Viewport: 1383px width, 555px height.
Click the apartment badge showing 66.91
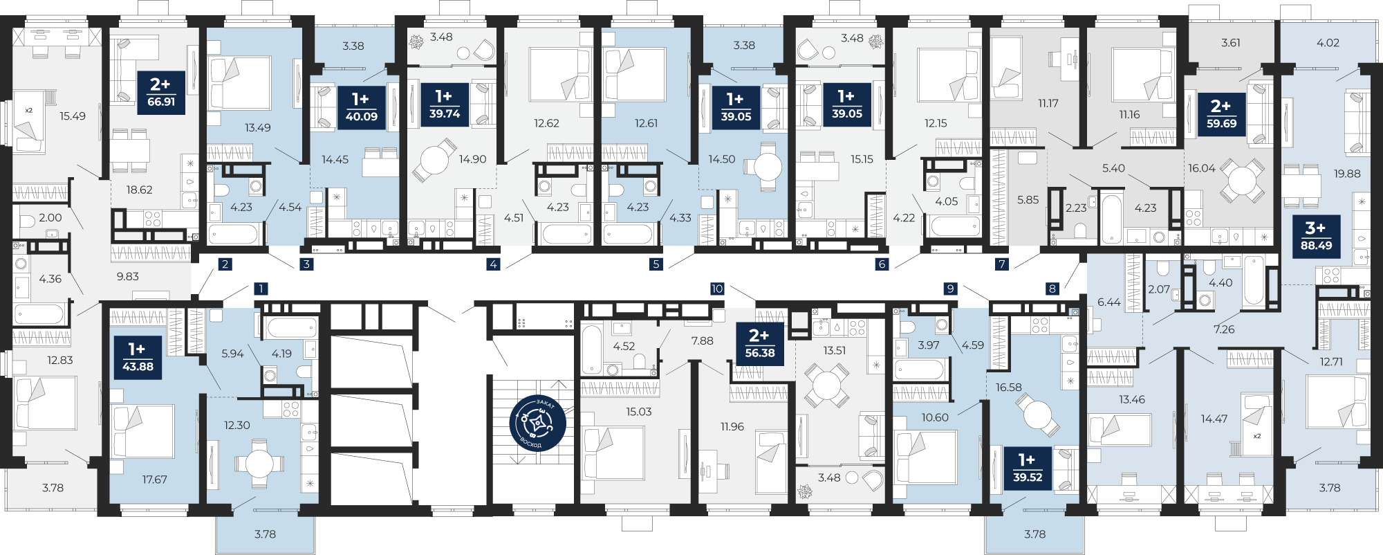161,93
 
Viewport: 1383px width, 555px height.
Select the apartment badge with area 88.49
1316,237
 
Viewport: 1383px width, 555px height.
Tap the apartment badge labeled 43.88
138,358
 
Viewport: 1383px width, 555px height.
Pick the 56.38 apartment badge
759,344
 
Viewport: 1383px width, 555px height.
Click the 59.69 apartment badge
1221,115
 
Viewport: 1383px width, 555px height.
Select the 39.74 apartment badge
444,105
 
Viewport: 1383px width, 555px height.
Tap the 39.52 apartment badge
1027,468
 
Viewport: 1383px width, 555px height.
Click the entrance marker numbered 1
260,289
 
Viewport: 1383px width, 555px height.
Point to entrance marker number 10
717,289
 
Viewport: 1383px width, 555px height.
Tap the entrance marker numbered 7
1002,264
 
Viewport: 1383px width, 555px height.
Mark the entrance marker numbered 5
656,264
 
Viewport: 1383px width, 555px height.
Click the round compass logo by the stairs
537,423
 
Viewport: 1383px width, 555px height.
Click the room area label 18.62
140,190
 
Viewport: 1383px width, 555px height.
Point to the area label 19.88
1347,174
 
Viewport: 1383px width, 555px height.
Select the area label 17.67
155,479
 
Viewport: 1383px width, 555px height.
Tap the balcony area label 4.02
1328,43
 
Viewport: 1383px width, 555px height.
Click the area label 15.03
639,412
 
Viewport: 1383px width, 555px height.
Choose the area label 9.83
128,276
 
